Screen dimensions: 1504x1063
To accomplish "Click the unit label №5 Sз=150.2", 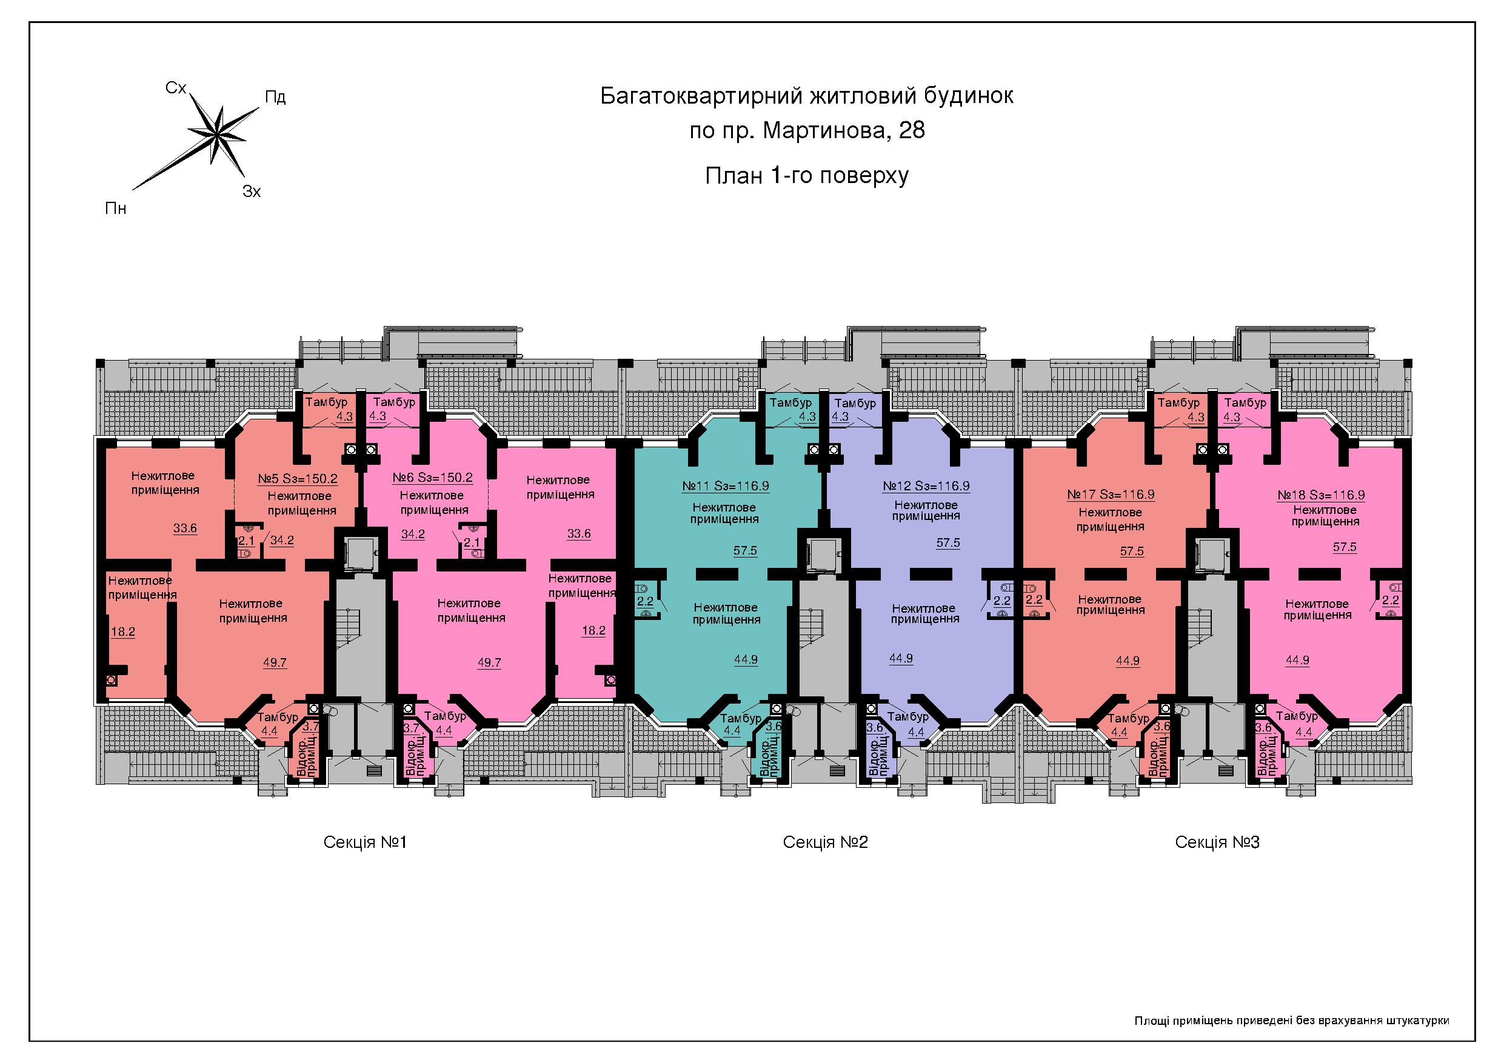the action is (298, 479).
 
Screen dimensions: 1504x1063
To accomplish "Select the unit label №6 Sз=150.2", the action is (432, 478).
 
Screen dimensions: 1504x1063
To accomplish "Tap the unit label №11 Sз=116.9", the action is (725, 487).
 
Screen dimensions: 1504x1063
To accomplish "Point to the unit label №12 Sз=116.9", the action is (926, 487).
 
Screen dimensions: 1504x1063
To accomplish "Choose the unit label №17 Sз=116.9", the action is (1111, 495).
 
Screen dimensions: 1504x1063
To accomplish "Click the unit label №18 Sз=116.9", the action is (1322, 496).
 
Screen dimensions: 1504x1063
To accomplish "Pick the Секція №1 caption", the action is (365, 842).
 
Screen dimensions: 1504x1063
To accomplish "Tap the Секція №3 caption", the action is (1217, 842).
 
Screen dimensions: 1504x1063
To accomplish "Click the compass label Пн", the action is (116, 209).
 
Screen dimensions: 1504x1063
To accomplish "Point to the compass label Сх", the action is (176, 88).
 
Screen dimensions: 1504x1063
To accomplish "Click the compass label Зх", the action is (252, 192).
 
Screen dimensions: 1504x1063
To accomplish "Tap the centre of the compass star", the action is (216, 136).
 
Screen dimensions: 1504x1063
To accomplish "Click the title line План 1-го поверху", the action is (807, 176).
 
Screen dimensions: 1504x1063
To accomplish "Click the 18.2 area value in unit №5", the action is (123, 632).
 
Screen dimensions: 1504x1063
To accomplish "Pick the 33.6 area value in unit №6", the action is (578, 534).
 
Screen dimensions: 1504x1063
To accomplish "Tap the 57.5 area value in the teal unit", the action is (746, 551).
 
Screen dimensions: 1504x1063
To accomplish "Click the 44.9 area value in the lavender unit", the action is (901, 658).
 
